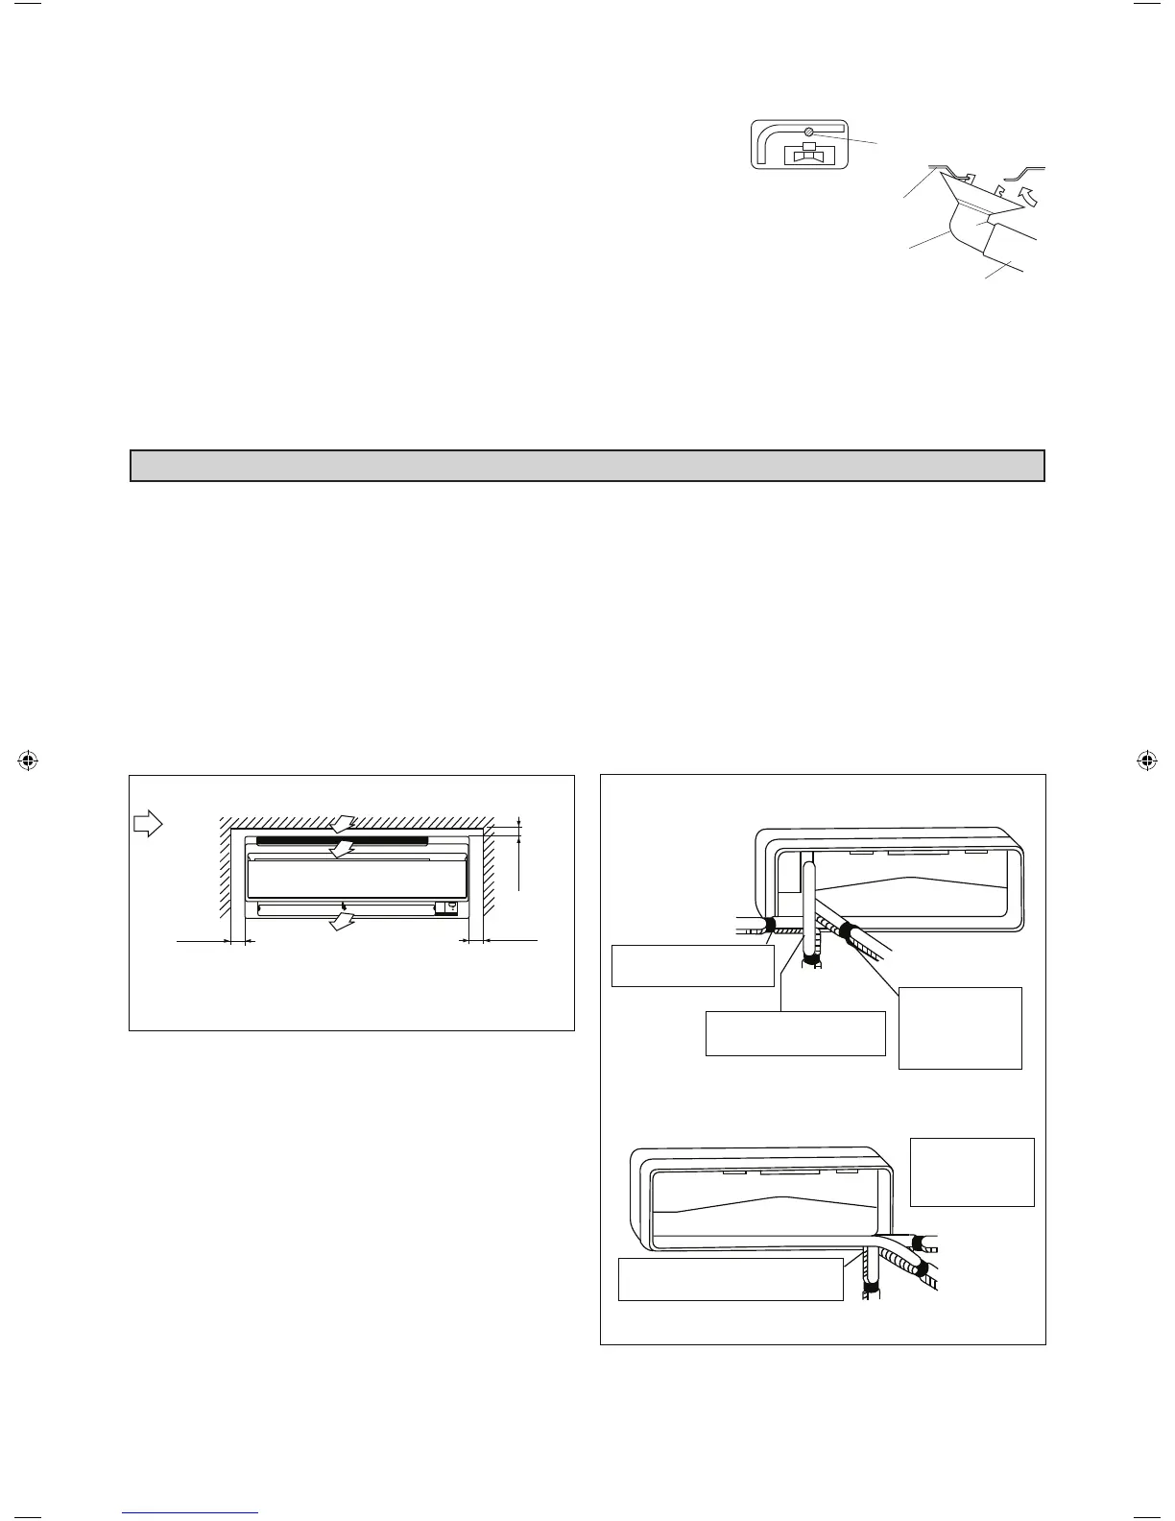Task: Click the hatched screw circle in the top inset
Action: pyautogui.click(x=809, y=132)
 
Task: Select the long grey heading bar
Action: pyautogui.click(x=587, y=466)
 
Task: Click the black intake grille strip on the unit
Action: pyautogui.click(x=342, y=840)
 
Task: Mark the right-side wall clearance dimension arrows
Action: pyautogui.click(x=472, y=942)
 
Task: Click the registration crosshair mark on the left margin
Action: pyautogui.click(x=28, y=760)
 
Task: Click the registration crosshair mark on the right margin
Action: pyautogui.click(x=1145, y=760)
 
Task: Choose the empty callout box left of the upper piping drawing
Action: pyautogui.click(x=692, y=966)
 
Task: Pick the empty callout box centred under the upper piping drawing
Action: pyautogui.click(x=795, y=1033)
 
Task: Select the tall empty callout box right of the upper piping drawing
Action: pyautogui.click(x=959, y=1027)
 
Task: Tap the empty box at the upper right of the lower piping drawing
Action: pyautogui.click(x=971, y=1171)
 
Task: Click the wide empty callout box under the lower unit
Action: pyautogui.click(x=730, y=1279)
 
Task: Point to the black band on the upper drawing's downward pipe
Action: pyautogui.click(x=812, y=957)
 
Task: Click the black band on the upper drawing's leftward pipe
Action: pyautogui.click(x=769, y=926)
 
